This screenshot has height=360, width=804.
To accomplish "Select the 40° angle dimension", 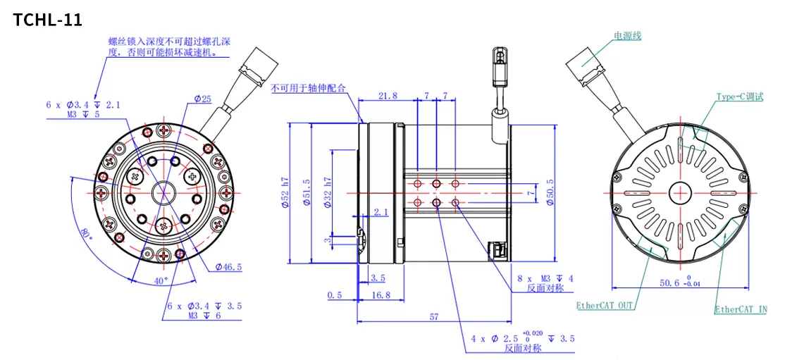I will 161,280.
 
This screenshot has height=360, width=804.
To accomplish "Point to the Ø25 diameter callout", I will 202,99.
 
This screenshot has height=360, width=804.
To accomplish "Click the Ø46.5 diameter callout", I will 228,267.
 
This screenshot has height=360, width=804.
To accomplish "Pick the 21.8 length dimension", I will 388,95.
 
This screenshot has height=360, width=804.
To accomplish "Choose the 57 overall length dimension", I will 434,317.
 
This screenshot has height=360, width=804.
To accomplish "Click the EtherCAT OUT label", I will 605,306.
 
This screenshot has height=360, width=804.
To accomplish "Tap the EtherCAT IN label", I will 741,309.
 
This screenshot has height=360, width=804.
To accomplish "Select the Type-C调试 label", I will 740,97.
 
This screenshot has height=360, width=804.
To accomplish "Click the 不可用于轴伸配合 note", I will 309,88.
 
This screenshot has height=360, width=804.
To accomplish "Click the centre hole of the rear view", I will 680,191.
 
